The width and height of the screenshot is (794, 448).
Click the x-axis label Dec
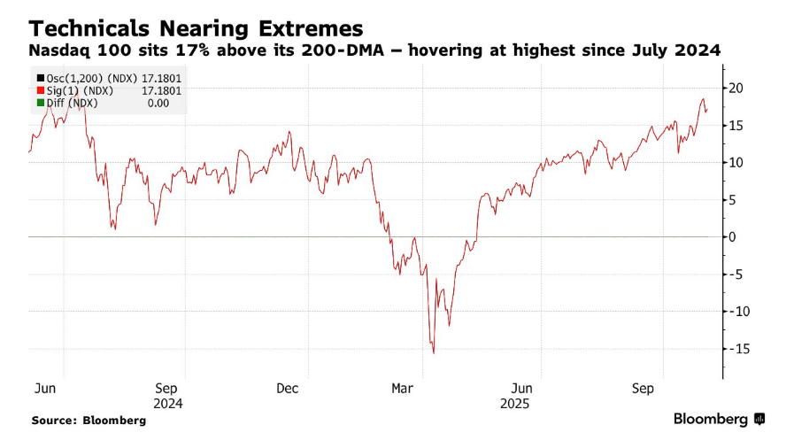[287, 389]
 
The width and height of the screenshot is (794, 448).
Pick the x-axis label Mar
[402, 389]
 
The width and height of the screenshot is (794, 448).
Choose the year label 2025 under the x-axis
[516, 403]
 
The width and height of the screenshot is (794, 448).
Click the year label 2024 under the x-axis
[168, 403]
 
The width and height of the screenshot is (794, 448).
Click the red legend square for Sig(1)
[41, 90]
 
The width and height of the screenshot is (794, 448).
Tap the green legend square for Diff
[41, 103]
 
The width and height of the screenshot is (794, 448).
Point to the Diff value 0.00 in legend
[170, 103]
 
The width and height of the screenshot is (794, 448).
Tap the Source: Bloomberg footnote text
[89, 421]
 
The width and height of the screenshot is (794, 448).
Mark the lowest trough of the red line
[434, 353]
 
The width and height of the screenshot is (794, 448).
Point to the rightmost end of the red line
[707, 109]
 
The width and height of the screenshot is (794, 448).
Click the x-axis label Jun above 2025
[522, 389]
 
